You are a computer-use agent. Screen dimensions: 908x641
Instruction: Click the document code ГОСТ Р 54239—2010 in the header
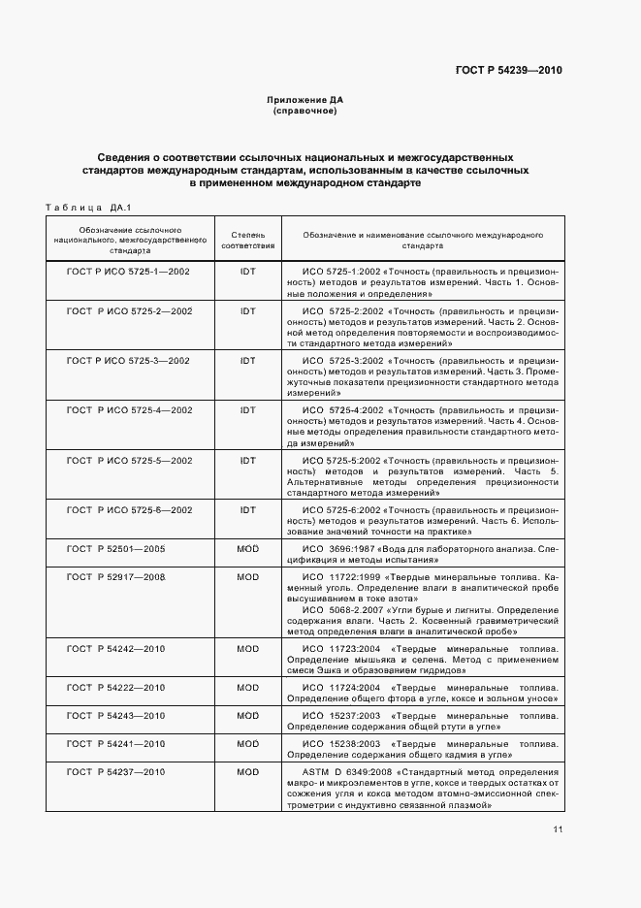[507, 71]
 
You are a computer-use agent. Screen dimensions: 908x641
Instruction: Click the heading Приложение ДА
[305, 100]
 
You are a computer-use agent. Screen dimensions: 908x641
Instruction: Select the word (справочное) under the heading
[305, 111]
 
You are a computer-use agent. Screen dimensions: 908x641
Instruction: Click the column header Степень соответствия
[247, 241]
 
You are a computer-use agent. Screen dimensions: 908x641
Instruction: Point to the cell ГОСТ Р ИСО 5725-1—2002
[128, 271]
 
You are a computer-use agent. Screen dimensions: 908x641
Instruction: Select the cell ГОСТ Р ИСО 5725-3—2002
[128, 360]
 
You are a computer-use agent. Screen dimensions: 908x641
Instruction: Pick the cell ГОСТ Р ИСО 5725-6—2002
[128, 509]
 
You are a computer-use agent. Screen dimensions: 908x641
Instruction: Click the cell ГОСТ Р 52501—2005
[116, 549]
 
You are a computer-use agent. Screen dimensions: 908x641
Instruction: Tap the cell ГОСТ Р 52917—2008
[116, 577]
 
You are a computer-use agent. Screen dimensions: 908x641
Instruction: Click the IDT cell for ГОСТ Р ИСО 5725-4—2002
[247, 409]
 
